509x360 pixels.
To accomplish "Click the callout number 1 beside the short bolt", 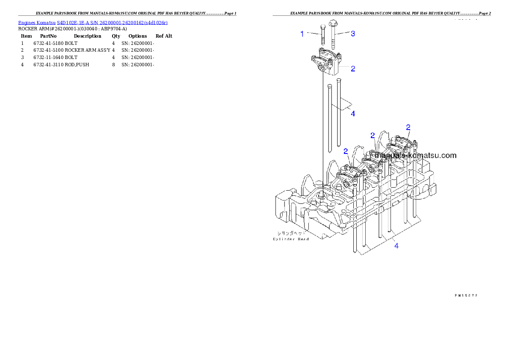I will [302, 34].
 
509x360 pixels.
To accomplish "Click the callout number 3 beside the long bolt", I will [353, 34].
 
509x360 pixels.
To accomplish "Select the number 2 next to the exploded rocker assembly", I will [353, 68].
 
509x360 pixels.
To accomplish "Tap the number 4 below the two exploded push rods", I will [353, 114].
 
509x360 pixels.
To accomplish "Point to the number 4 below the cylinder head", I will [397, 246].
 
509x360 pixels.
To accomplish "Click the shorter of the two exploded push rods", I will [329, 118].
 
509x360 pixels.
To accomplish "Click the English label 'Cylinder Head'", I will [291, 239].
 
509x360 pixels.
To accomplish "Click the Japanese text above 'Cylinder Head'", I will [290, 233].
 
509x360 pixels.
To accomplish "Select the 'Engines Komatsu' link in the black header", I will [37, 22].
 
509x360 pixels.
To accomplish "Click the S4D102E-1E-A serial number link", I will [112, 22].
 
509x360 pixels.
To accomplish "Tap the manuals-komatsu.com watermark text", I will [415, 156].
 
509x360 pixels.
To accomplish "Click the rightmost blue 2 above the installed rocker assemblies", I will [408, 127].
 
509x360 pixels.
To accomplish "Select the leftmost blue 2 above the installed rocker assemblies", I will [346, 151].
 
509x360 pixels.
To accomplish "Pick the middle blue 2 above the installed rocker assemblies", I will [373, 136].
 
